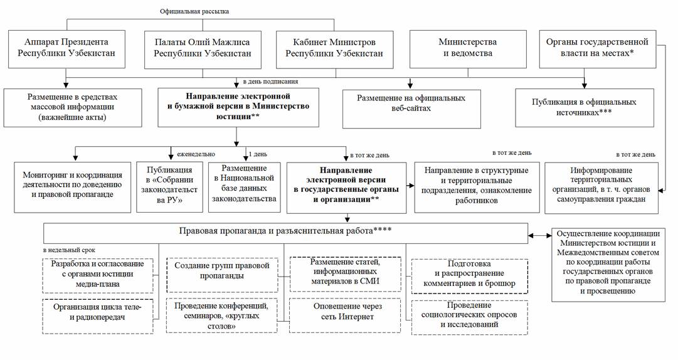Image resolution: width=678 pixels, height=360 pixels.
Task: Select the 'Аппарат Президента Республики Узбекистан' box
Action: point(68,48)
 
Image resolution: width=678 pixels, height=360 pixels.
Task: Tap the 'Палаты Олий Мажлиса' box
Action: point(202,48)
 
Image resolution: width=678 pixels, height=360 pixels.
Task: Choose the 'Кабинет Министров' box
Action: point(334,48)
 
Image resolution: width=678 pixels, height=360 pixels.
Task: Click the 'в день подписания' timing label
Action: point(270,82)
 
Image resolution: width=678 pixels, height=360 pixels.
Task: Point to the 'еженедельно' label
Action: point(196,154)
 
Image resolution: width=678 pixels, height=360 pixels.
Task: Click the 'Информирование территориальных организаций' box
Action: point(601,187)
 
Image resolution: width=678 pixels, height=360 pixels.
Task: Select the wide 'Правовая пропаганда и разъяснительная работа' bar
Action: point(285,233)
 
